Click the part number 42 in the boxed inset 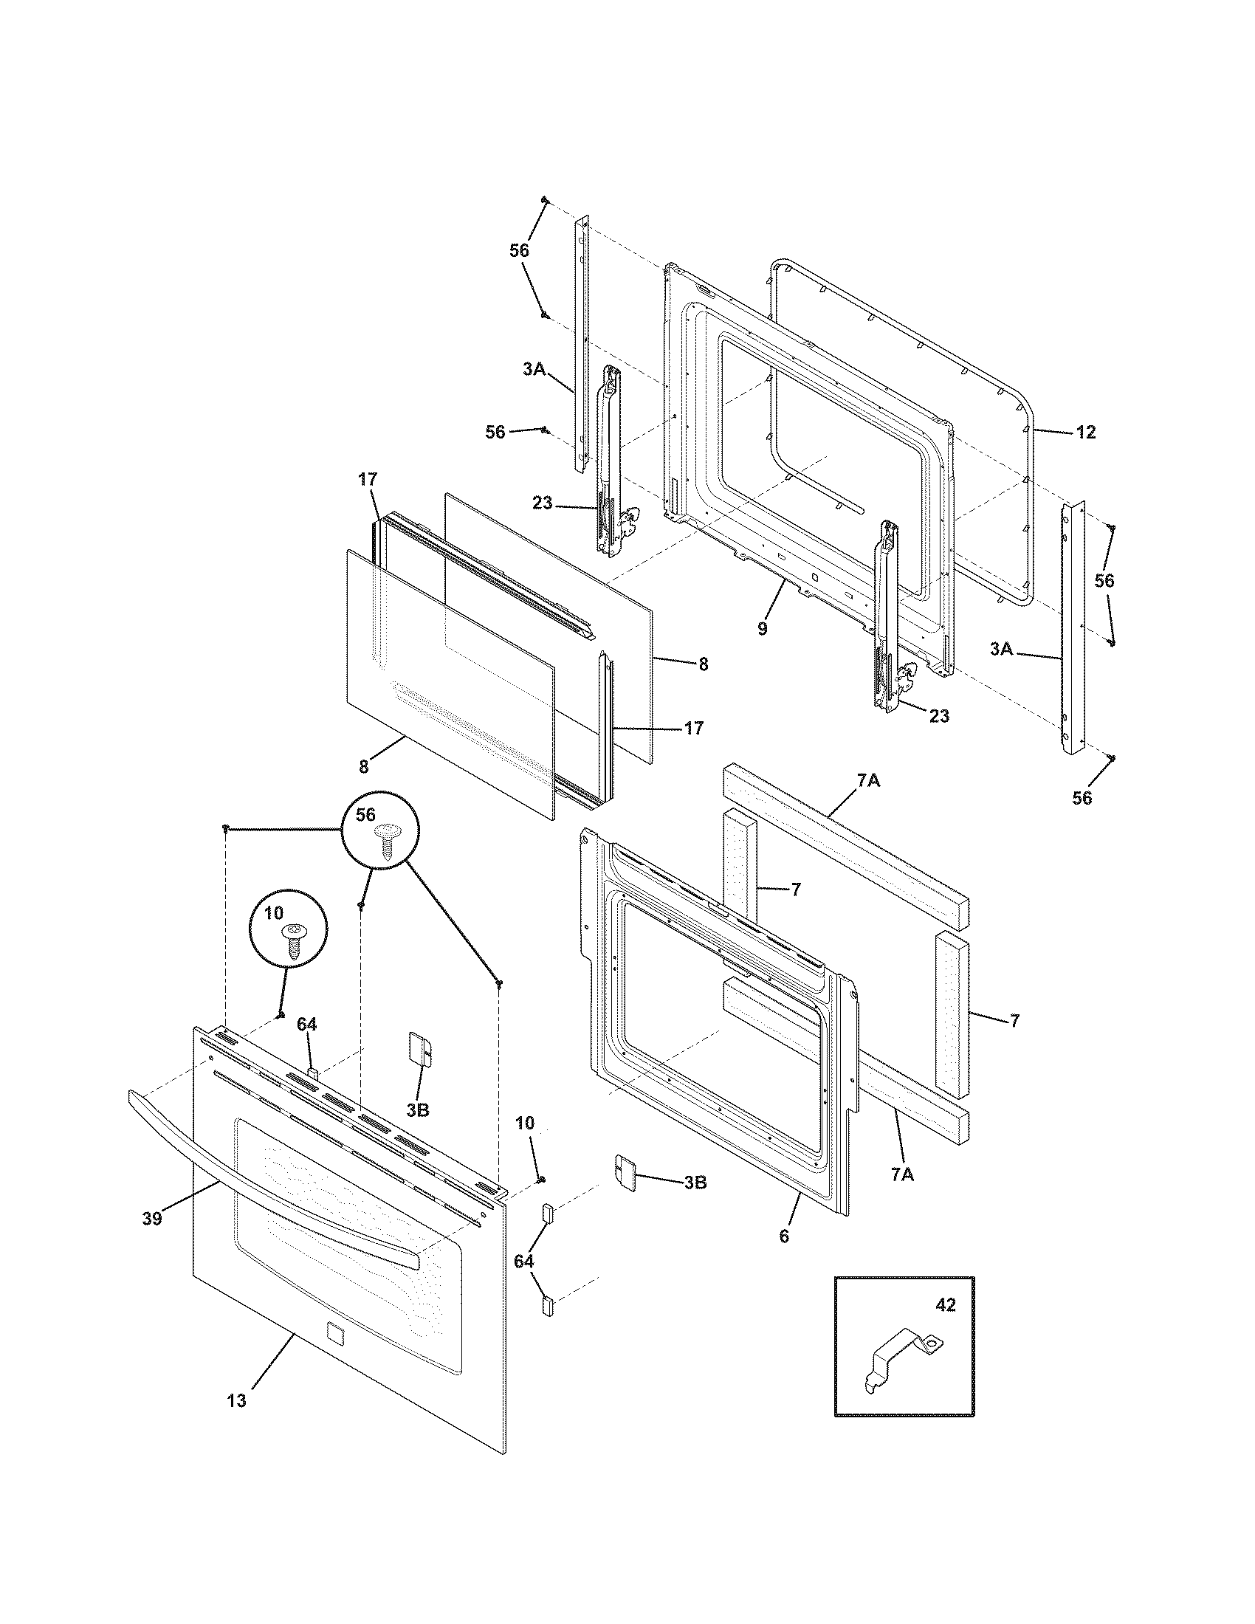[945, 1305]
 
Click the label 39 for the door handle [151, 1219]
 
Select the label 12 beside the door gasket [1086, 432]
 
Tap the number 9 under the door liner [762, 628]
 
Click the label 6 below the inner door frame [783, 1236]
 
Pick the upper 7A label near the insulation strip [868, 780]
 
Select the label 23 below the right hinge [940, 716]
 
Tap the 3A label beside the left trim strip [534, 368]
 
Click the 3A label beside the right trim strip [1002, 649]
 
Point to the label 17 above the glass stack [368, 481]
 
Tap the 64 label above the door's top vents [307, 1025]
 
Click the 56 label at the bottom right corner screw [1082, 798]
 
